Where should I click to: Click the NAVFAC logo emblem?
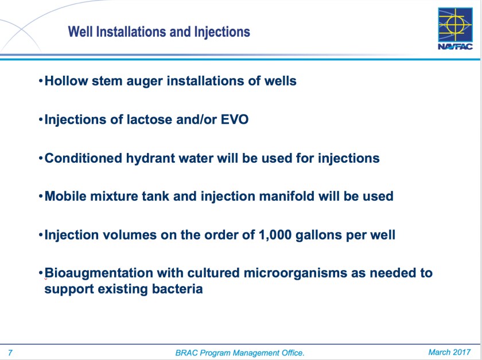(455, 25)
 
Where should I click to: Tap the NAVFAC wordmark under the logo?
(455, 46)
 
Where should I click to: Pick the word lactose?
(149, 119)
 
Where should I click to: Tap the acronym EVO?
(235, 119)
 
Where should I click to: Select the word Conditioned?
(83, 158)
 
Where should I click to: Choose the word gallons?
(319, 235)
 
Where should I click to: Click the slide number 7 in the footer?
(10, 353)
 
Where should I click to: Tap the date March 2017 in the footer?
(449, 353)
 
